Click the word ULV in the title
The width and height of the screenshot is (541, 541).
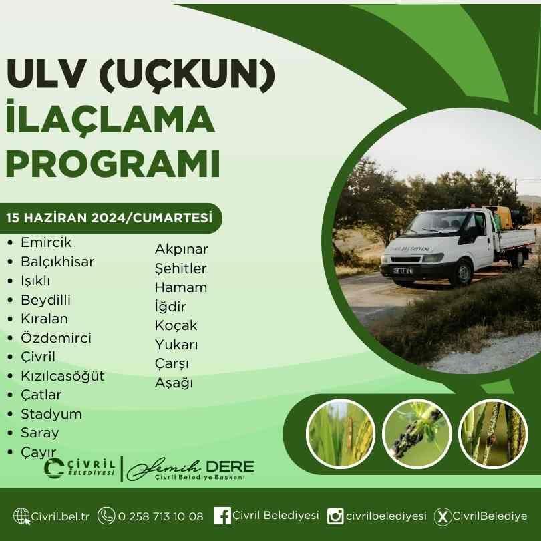click(45, 74)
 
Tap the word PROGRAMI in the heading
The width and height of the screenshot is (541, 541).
click(113, 164)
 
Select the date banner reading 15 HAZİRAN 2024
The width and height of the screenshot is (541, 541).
click(110, 218)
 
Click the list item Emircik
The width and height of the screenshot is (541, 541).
click(46, 242)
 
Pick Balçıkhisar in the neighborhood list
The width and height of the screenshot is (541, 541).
click(57, 262)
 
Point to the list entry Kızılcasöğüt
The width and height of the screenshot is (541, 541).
click(63, 376)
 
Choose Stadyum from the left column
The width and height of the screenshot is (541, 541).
click(51, 414)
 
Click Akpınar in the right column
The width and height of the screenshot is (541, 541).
click(182, 249)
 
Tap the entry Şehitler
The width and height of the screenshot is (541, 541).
click(181, 268)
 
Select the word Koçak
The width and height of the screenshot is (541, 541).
click(176, 325)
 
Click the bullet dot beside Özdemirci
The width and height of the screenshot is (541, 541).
click(10, 338)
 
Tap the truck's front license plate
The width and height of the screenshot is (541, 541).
click(403, 271)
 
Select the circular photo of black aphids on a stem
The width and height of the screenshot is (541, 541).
click(417, 433)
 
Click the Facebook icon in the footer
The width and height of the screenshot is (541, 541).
click(222, 516)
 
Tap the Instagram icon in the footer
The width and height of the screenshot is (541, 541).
click(335, 516)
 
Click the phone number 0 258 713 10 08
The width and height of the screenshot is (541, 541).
click(160, 516)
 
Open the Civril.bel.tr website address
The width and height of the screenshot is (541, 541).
click(60, 516)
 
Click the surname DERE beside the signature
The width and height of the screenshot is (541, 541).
click(230, 466)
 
